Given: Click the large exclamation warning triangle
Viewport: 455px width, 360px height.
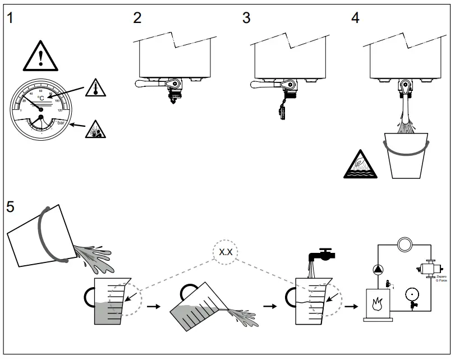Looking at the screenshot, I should point(40,57).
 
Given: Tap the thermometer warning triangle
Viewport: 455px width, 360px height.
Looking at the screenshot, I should point(95,87).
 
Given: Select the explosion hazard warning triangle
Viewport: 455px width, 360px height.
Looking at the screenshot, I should point(95,130).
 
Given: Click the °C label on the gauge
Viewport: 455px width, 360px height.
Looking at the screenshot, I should point(40,98).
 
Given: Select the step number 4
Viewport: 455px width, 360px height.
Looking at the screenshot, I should point(355,17).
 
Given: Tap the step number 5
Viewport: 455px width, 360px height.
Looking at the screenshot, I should point(11,206).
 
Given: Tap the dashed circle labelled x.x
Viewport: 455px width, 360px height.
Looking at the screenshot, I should point(226,252).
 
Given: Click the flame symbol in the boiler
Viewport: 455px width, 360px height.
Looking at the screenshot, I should point(376,302).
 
